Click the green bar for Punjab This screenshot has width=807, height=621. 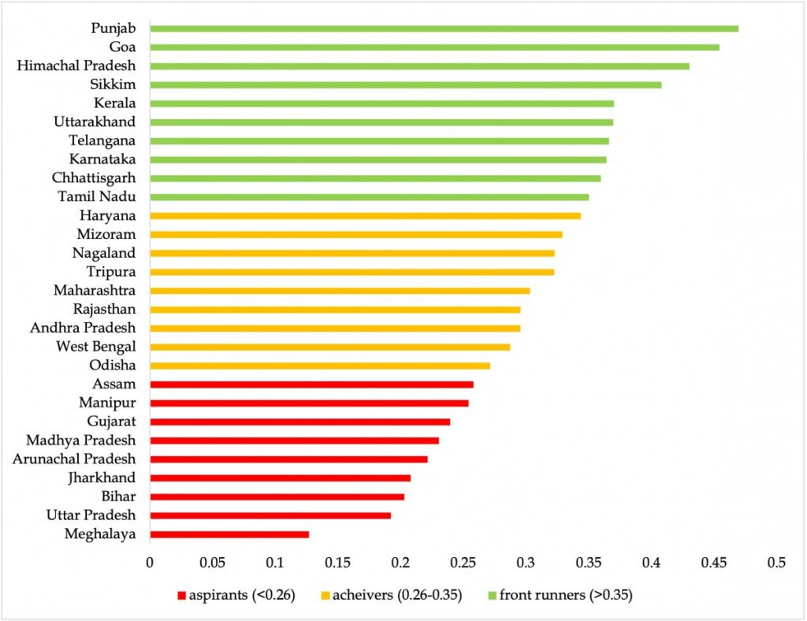[444, 28]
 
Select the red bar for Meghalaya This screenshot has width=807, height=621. [229, 534]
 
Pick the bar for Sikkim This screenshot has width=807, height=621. [405, 84]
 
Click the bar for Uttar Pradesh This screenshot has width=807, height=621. [270, 515]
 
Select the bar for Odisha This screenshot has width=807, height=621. [320, 366]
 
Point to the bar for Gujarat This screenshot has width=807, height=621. [299, 422]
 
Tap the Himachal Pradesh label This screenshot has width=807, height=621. [76, 65]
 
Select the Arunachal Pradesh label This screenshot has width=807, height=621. [74, 459]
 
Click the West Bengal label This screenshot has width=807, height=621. [96, 347]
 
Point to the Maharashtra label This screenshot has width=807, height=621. [95, 291]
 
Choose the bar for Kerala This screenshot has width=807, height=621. [381, 103]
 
